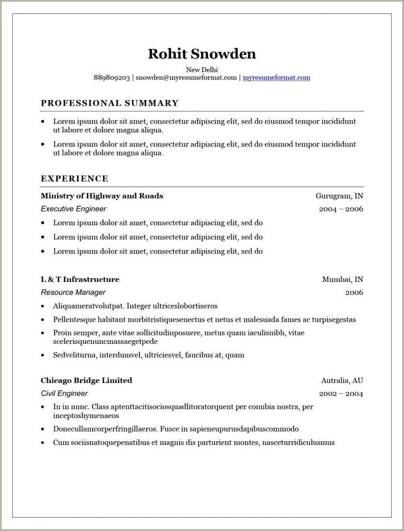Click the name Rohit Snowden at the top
point(202,54)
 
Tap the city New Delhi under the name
point(202,70)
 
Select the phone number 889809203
point(112,78)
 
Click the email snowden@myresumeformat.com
point(186,78)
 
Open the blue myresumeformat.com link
point(276,78)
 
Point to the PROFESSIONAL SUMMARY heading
point(110,103)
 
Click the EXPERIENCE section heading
point(75,179)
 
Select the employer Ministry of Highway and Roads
point(102,196)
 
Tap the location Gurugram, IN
point(339,196)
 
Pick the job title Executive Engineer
point(74,209)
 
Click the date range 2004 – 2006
point(341,209)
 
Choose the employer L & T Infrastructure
point(80,279)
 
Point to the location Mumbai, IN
point(342,279)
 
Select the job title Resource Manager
point(73,292)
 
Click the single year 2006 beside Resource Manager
point(354,292)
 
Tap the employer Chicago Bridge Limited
point(86,380)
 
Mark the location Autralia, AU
point(342,380)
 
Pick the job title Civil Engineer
point(64,393)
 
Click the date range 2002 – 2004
point(341,394)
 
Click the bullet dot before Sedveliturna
point(43,355)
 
